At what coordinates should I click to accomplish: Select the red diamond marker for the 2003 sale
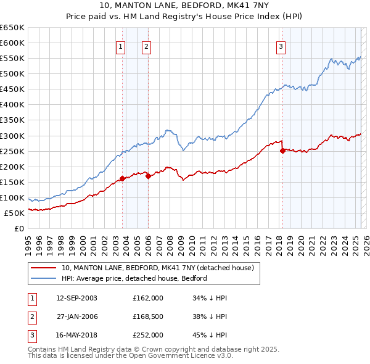pyautogui.click(x=122, y=178)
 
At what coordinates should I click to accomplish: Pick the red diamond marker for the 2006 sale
pyautogui.click(x=149, y=176)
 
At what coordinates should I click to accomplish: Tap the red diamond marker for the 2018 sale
pyautogui.click(x=282, y=150)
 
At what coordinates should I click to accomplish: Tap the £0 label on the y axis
pyautogui.click(x=18, y=228)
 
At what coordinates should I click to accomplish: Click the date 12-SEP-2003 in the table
pyautogui.click(x=76, y=298)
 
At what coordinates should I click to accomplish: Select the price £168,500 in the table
pyautogui.click(x=148, y=316)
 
